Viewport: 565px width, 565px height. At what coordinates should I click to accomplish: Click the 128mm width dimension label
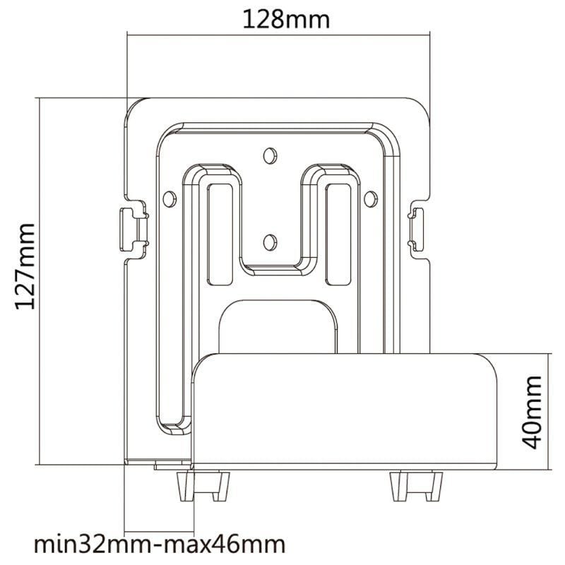pos(286,18)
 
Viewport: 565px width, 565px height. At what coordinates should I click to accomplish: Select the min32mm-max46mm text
pos(160,545)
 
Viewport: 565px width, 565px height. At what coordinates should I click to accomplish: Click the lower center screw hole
pos(268,242)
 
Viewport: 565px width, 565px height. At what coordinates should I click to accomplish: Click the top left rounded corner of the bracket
pos(134,106)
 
